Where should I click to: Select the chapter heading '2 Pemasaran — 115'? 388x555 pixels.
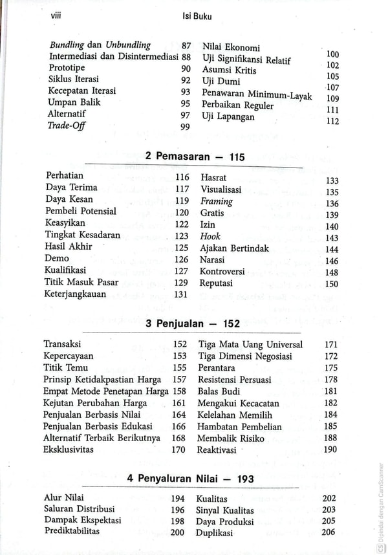tap(195, 157)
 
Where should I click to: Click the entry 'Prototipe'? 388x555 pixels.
tap(67, 68)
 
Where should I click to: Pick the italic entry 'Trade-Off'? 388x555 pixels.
tap(67, 125)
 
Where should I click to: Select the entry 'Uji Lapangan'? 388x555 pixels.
tap(228, 117)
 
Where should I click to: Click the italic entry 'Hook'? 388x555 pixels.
tap(210, 237)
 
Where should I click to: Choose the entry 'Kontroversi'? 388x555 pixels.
tap(223, 272)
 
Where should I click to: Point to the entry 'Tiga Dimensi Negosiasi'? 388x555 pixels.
tap(244, 356)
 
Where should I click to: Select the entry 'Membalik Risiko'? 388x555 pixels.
tap(231, 439)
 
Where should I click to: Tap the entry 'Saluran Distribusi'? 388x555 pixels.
tap(79, 509)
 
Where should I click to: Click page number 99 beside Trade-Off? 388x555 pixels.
tap(185, 127)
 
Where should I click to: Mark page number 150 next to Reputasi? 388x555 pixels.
tap(332, 284)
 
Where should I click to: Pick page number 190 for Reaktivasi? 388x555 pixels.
tap(330, 450)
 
